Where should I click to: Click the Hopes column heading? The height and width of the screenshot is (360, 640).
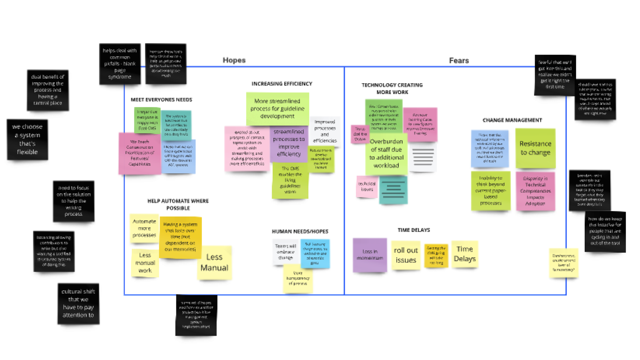[x=234, y=60]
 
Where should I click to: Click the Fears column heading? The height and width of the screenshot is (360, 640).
[x=459, y=61]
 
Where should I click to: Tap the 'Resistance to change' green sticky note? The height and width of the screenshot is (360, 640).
[x=535, y=148]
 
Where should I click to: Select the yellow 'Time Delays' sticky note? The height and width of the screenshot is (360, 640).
[x=465, y=254]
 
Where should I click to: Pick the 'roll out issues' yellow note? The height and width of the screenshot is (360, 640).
[x=406, y=255]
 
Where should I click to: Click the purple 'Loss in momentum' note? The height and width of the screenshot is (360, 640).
[x=370, y=255]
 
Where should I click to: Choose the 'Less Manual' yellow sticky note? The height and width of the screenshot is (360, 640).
[x=214, y=263]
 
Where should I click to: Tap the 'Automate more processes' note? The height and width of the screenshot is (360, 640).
[x=144, y=228]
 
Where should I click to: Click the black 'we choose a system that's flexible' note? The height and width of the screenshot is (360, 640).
[x=27, y=139]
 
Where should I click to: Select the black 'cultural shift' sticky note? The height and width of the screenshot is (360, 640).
[x=78, y=303]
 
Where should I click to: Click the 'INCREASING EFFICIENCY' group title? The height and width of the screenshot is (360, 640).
[x=282, y=84]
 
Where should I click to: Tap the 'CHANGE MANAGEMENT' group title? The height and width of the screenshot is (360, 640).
[x=512, y=120]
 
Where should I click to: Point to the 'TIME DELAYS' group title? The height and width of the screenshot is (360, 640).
[x=414, y=230]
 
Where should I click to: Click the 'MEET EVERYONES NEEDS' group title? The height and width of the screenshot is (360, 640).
[x=161, y=100]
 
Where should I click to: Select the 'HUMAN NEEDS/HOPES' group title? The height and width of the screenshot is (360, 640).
[x=300, y=231]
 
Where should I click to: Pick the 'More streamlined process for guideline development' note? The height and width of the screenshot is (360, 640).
[x=277, y=109]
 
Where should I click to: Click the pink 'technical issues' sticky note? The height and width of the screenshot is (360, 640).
[x=367, y=187]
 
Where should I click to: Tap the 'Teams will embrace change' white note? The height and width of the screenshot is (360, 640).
[x=286, y=252]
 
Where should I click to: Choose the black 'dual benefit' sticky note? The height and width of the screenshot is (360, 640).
[x=48, y=90]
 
